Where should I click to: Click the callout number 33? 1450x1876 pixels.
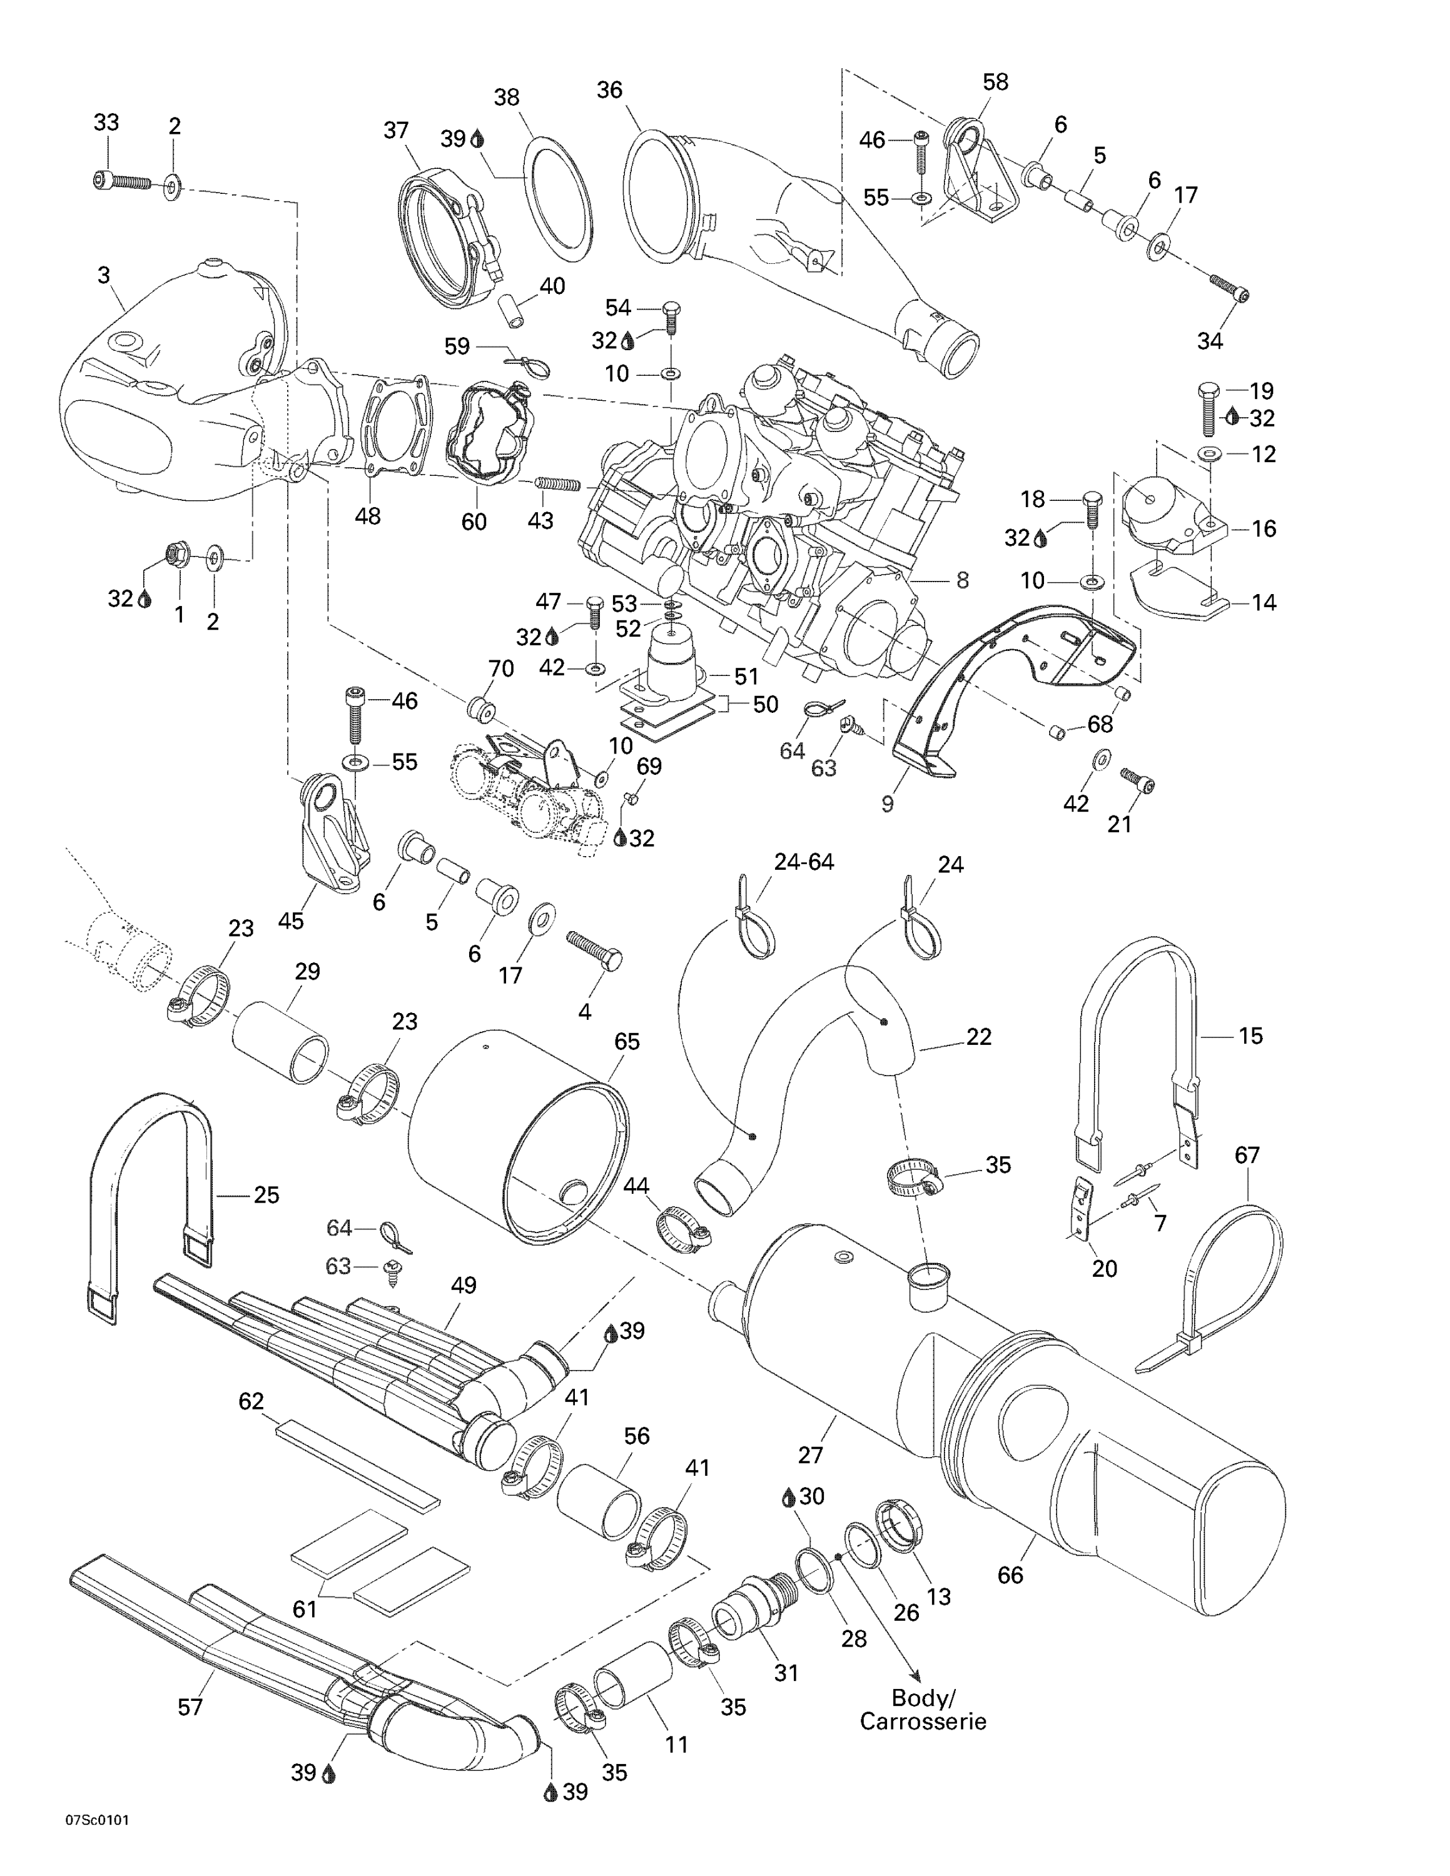tap(106, 123)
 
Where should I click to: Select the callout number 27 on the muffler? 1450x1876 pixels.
tap(810, 1455)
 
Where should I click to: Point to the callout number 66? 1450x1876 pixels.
tap(1010, 1575)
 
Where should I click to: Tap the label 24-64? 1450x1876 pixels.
tap(803, 862)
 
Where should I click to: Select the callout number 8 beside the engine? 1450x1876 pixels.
tap(962, 581)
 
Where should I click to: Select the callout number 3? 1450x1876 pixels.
tap(104, 276)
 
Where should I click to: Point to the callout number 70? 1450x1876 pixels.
tap(501, 668)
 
